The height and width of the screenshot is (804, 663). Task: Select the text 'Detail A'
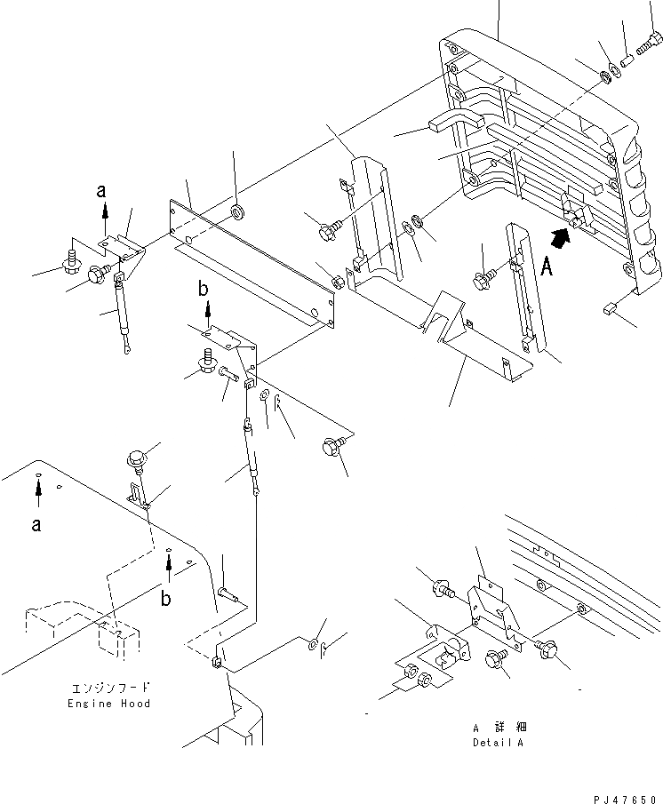coord(498,742)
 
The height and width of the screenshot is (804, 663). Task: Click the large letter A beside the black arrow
coord(547,267)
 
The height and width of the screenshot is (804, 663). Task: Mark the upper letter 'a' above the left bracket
coord(104,190)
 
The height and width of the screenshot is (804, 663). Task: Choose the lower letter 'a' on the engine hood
coord(36,524)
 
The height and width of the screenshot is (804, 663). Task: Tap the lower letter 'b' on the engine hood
coord(167,599)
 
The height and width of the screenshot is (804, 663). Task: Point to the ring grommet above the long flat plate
coord(236,212)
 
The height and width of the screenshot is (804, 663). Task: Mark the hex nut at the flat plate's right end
coord(339,283)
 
